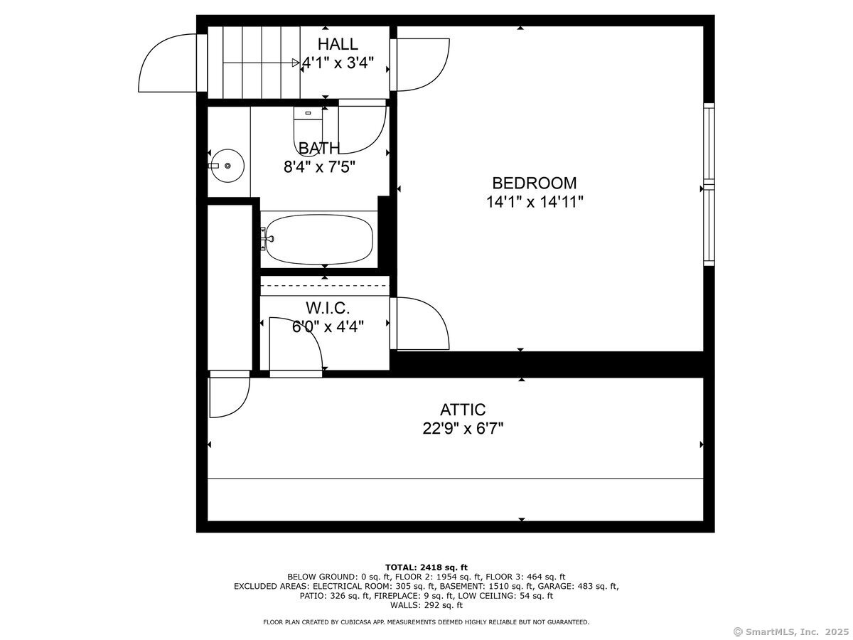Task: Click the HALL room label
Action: (x=338, y=44)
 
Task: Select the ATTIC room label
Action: (x=463, y=410)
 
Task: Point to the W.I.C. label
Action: (x=328, y=308)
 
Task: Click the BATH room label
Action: (x=319, y=148)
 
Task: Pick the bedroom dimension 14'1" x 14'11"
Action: (x=535, y=202)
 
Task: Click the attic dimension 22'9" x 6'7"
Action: (x=463, y=429)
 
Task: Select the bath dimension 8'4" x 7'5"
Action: (x=319, y=167)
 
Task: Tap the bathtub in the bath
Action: (x=318, y=240)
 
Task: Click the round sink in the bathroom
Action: (x=227, y=166)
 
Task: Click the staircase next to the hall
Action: (x=253, y=62)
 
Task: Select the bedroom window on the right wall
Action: (x=709, y=184)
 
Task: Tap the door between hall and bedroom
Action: (x=421, y=64)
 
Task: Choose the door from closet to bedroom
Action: (x=421, y=323)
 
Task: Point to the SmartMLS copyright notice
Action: (x=790, y=631)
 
